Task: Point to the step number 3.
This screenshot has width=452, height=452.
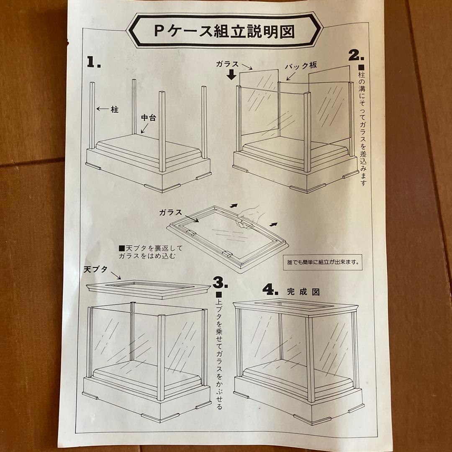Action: [220, 283]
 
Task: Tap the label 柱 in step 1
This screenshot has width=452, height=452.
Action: [115, 110]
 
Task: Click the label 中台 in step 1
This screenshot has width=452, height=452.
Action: [148, 118]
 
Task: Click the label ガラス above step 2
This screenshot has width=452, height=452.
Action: [228, 64]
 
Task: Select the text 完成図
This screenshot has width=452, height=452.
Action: [303, 292]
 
